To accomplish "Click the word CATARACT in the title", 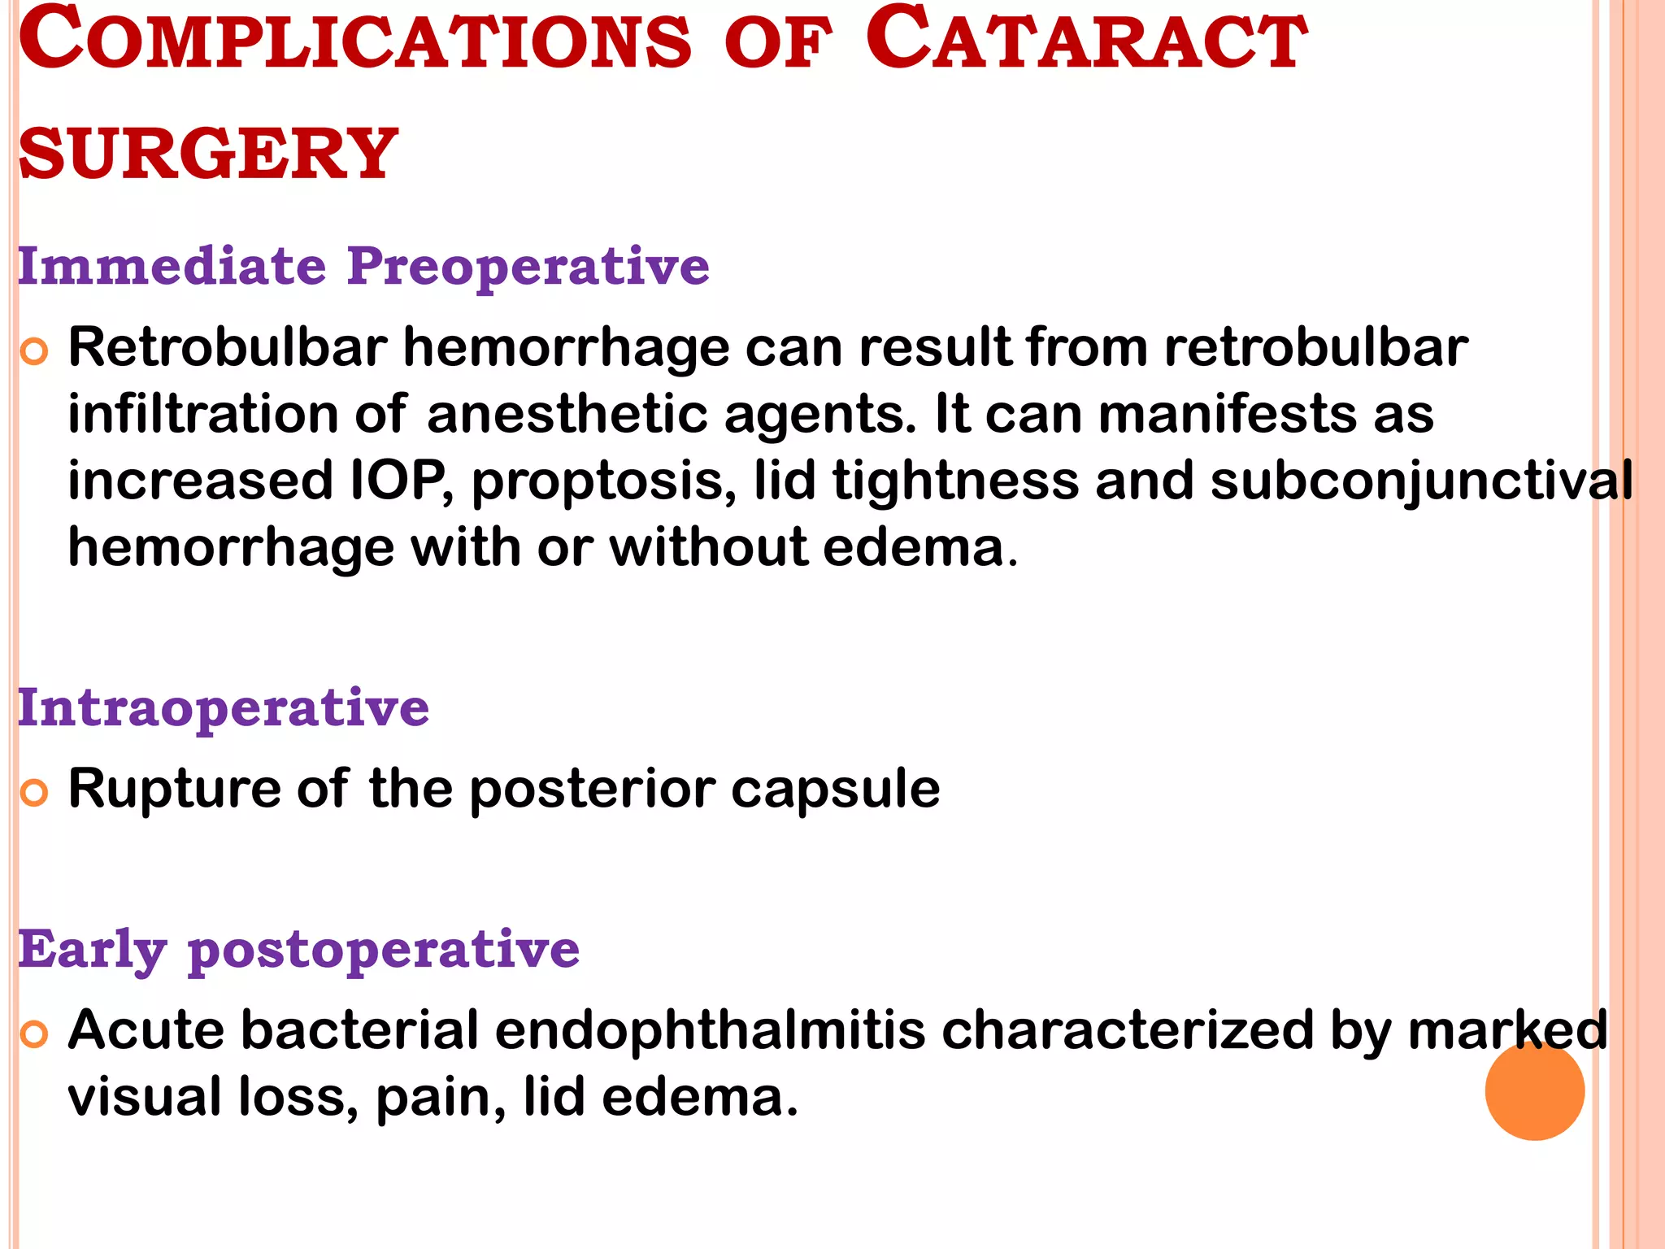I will point(1086,41).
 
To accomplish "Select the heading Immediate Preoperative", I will point(363,266).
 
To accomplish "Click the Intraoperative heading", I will point(224,707).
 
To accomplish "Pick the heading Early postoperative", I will point(298,949).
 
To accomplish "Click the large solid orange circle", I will point(1534,1090).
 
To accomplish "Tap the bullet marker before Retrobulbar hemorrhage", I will point(34,351).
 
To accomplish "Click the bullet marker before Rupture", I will point(34,792).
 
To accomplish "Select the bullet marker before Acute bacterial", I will point(34,1034).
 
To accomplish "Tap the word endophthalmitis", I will point(710,1030).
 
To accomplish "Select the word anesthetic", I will point(567,414).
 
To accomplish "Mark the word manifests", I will point(1228,414).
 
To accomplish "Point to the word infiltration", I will point(202,414).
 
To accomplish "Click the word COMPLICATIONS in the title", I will point(354,41).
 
